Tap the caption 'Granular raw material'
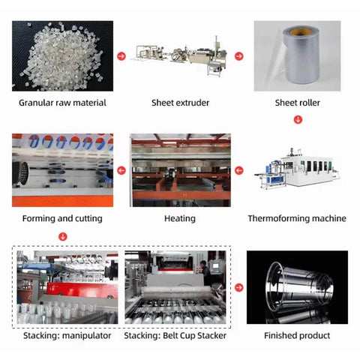(63, 102)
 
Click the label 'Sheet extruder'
(180, 102)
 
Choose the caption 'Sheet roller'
(297, 102)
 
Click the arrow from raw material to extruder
(121, 56)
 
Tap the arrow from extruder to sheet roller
(238, 56)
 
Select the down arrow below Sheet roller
(298, 119)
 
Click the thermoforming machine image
(297, 172)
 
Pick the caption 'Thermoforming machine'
(297, 218)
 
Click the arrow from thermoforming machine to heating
(238, 171)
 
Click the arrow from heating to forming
(121, 171)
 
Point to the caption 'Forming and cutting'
(63, 218)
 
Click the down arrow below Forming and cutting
(63, 236)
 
